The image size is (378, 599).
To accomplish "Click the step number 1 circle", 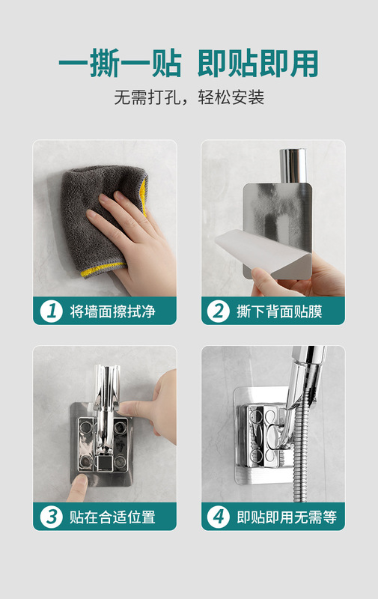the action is point(51,311).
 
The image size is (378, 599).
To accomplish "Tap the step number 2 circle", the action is point(218,311).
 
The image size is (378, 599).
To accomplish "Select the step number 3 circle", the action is point(51,517).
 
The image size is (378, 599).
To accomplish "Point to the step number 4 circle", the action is point(218,517).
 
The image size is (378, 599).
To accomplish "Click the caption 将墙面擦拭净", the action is point(112,311).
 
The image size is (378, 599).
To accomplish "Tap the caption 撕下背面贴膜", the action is point(279,311).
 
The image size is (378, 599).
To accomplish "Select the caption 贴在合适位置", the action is point(112,517).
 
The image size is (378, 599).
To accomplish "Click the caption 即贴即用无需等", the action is point(287,517).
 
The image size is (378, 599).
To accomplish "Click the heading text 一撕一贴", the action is point(121,64).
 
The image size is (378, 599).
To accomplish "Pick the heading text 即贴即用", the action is point(258,64).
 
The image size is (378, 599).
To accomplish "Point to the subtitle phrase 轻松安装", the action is point(231,97).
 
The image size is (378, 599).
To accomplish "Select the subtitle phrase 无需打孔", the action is point(147,97).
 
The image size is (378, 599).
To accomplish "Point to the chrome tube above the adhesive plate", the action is point(293,165).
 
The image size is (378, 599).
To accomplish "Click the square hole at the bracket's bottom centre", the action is point(103,463).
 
